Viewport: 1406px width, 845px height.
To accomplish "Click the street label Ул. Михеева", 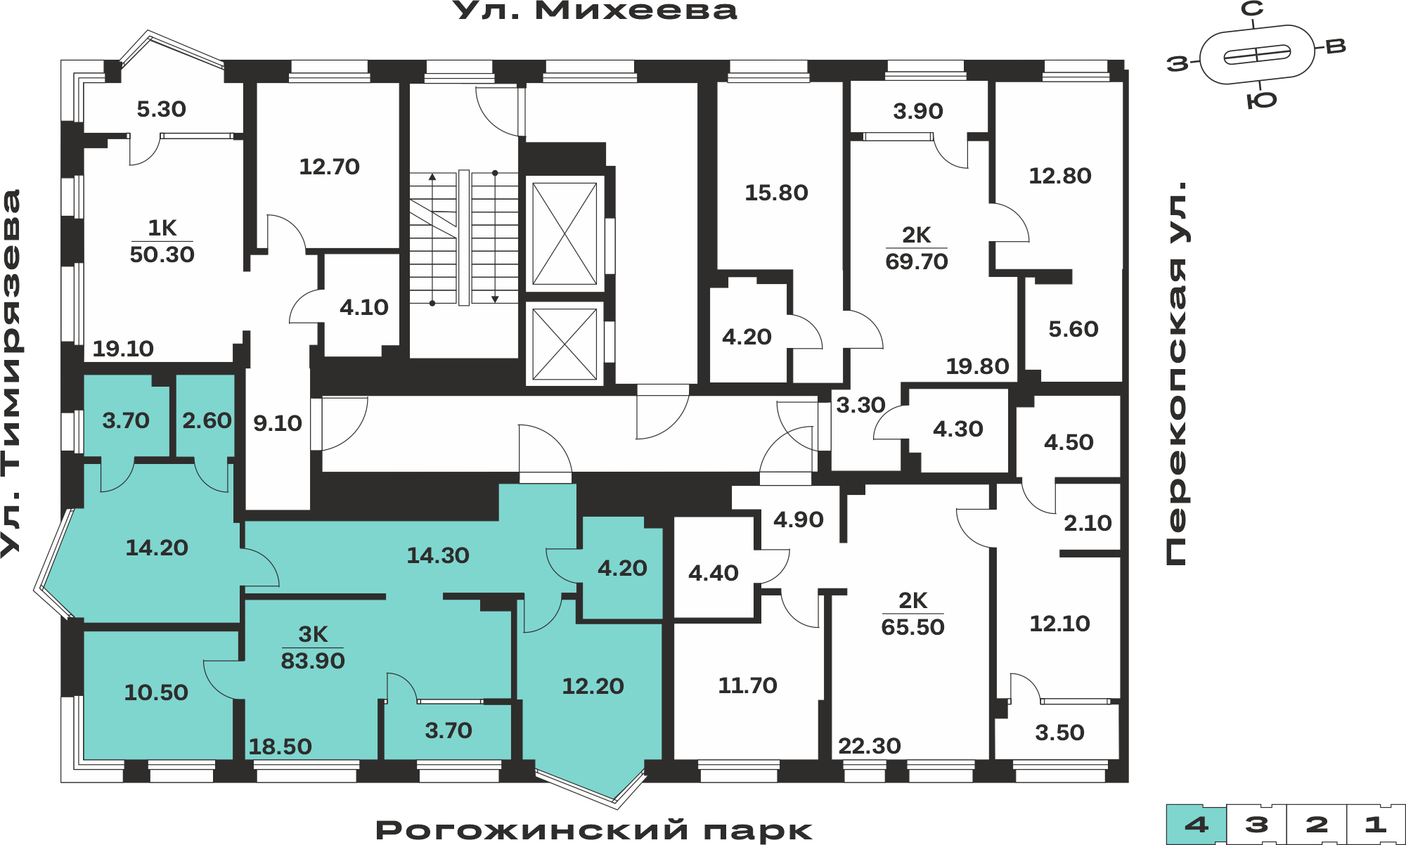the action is [595, 11].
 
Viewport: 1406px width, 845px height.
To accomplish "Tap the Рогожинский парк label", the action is [594, 830].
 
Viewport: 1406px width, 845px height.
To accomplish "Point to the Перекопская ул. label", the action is [1176, 373].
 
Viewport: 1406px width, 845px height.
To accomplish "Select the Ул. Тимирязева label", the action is [11, 373].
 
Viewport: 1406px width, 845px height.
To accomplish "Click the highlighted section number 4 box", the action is [1197, 825].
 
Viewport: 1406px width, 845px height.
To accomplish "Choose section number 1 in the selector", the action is [1376, 825].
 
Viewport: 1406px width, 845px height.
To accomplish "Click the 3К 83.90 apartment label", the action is [313, 647].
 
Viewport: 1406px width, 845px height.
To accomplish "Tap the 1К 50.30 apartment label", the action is [162, 241].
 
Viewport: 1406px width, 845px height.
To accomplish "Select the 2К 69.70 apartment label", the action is [917, 248].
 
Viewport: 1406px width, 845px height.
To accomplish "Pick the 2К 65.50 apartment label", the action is [912, 614].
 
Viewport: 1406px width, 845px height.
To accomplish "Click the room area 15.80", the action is [776, 193].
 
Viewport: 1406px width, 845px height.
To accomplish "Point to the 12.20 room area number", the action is [593, 686].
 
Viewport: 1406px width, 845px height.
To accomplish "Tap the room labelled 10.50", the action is [156, 692].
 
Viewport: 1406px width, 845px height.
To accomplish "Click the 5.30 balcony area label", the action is [161, 109].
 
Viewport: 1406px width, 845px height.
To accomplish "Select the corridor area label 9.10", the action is [278, 423].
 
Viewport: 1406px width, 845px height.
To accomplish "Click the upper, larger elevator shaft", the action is [565, 233].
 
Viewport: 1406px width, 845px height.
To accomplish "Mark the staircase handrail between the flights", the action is [464, 238].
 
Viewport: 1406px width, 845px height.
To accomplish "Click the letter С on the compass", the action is [1252, 8].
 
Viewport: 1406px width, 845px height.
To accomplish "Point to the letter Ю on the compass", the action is [1262, 101].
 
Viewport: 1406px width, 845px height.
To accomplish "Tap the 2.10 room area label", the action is [1088, 523].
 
